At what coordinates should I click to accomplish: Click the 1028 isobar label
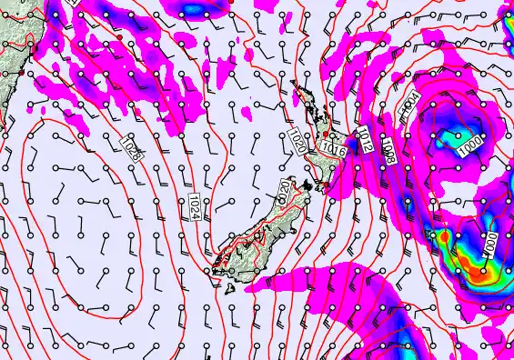pyautogui.click(x=133, y=146)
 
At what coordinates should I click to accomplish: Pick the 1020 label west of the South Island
pyautogui.click(x=285, y=192)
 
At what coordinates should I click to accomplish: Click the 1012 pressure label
pyautogui.click(x=365, y=138)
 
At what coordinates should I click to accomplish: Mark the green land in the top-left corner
pyautogui.click(x=11, y=36)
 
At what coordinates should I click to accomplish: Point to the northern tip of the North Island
pyautogui.click(x=293, y=85)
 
